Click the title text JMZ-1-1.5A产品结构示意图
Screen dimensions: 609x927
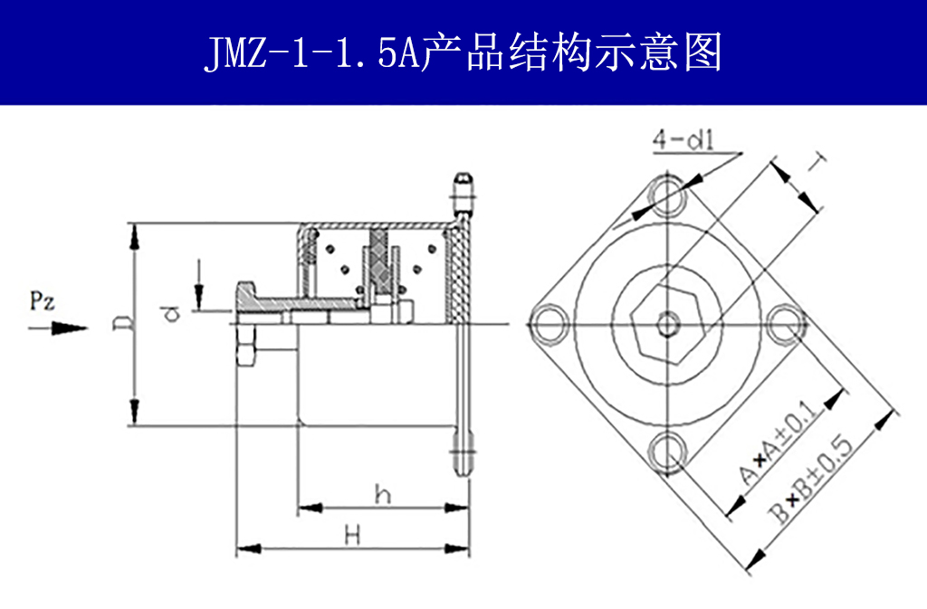pyautogui.click(x=463, y=53)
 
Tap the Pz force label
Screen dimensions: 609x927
pyautogui.click(x=43, y=301)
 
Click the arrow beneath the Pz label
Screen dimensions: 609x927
pyautogui.click(x=58, y=328)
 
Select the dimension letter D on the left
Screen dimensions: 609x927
pyautogui.click(x=119, y=323)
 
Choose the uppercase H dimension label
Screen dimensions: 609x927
pyautogui.click(x=352, y=535)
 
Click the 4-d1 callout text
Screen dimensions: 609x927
pyautogui.click(x=683, y=140)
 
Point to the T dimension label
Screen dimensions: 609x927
pyautogui.click(x=817, y=164)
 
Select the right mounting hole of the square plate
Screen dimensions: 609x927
pyautogui.click(x=785, y=325)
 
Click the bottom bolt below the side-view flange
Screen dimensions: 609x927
pyautogui.click(x=463, y=457)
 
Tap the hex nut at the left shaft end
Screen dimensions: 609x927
pyautogui.click(x=246, y=349)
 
